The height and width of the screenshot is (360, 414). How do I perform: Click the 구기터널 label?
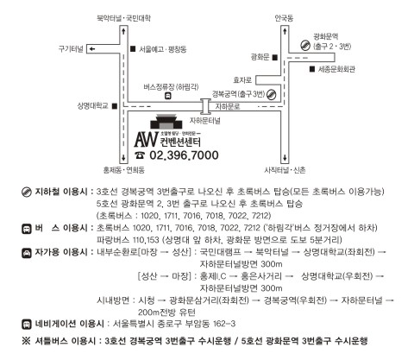pos(71,49)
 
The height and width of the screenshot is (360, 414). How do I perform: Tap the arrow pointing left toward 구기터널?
pos(91,49)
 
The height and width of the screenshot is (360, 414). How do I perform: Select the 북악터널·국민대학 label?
pos(123,18)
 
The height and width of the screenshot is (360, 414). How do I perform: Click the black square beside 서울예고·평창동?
pos(133,49)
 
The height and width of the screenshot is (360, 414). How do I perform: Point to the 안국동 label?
pos(284,19)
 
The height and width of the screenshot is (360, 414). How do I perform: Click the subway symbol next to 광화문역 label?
pos(305,45)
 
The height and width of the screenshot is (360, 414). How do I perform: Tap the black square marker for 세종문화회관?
pos(312,69)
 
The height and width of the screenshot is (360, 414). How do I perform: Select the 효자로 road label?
pos(242,80)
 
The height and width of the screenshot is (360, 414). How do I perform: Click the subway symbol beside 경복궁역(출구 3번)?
pos(272,94)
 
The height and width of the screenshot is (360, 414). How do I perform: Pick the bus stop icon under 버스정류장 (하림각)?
pos(167,96)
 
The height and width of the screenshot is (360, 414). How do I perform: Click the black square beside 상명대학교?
pos(115,106)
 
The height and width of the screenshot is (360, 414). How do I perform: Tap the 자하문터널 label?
pos(205,121)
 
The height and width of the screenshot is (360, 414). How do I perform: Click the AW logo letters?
pos(147,139)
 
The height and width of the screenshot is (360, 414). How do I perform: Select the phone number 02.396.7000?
pos(184,155)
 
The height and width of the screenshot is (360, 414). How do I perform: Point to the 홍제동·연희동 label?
pos(124,170)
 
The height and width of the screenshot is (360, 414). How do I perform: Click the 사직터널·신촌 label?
pos(285,170)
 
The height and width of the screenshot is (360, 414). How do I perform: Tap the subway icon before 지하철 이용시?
pos(27,192)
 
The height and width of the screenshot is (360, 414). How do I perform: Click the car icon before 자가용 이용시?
pos(27,253)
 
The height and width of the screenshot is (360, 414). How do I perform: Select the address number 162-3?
pos(224,324)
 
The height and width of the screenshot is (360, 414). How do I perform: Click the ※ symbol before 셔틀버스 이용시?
pos(26,341)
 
